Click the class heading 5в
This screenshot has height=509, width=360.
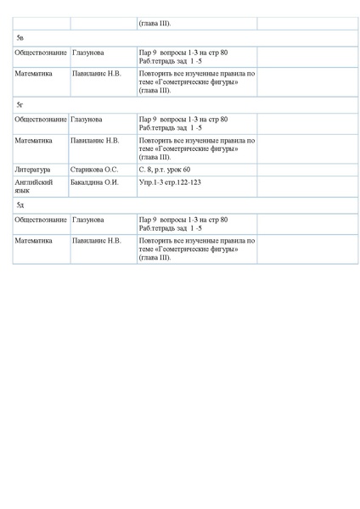pyautogui.click(x=20, y=39)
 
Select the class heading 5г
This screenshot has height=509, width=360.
pyautogui.click(x=20, y=104)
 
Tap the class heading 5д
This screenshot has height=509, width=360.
pyautogui.click(x=20, y=206)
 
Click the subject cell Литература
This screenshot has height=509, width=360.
pyautogui.click(x=33, y=170)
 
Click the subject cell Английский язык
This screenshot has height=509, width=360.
pyautogui.click(x=35, y=186)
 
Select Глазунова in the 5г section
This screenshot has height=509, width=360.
pyautogui.click(x=88, y=120)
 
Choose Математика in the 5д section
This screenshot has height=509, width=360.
pyautogui.click(x=34, y=240)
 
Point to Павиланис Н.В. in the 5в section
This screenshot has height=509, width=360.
pyautogui.click(x=97, y=74)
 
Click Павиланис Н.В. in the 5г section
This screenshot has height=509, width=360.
pyautogui.click(x=97, y=140)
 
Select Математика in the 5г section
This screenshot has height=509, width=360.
pyautogui.click(x=34, y=140)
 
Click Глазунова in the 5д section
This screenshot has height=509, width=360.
pyautogui.click(x=88, y=220)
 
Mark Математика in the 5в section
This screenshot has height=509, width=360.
pyautogui.click(x=34, y=74)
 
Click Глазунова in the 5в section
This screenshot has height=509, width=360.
pyautogui.click(x=88, y=53)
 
